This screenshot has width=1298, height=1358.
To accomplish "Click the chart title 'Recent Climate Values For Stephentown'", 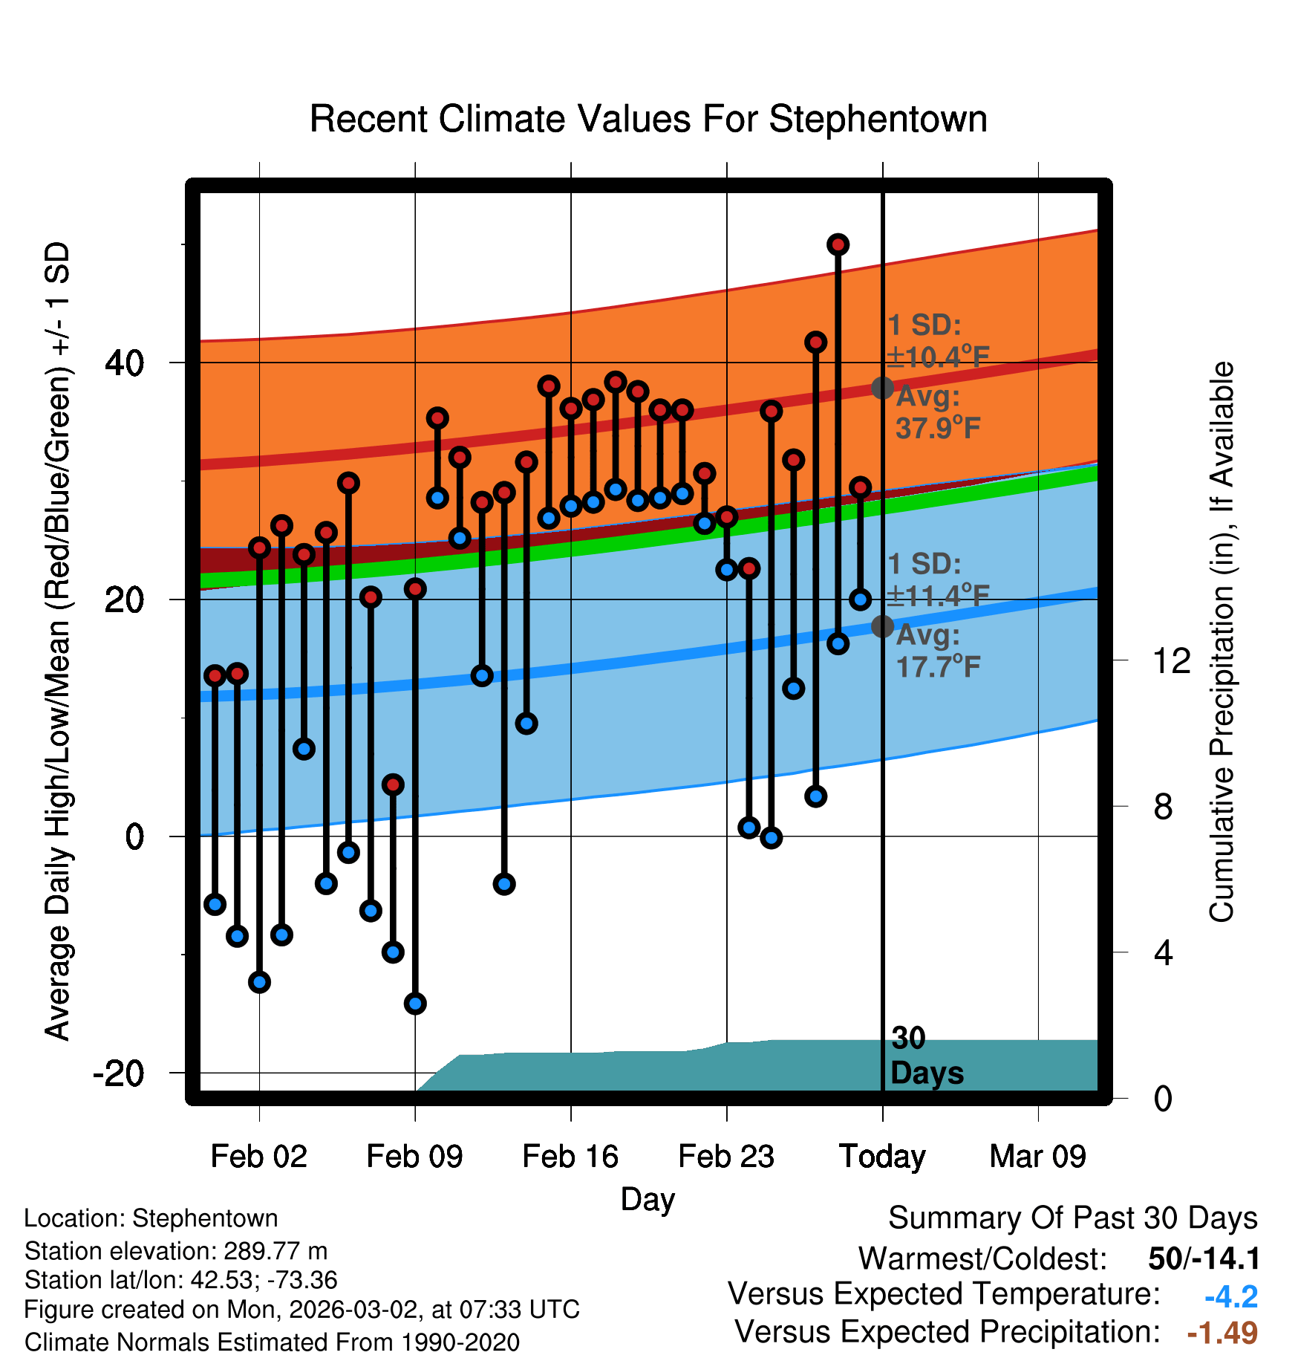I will coord(648,119).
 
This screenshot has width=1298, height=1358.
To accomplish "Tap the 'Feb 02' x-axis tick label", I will coord(258,1157).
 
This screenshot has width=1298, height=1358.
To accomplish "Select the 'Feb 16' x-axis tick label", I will coord(570,1157).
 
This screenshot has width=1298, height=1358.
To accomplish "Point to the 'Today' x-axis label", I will coord(882,1157).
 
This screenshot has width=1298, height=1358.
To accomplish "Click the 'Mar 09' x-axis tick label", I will coord(1037,1157).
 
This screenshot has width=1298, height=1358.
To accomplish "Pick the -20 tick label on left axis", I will coord(119,1073).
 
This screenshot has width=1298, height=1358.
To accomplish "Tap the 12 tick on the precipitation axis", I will coord(1172,660).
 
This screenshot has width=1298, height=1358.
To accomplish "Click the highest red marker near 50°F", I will coord(838,244).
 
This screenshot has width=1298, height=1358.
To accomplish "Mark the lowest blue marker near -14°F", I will coord(415,1004).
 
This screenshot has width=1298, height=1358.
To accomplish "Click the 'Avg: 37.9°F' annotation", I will coord(938,412).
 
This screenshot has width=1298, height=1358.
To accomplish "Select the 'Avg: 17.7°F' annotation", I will coord(938,652).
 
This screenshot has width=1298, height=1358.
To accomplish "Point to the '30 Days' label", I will coord(926,1056).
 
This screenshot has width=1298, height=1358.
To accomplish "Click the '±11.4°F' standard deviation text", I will coord(938,596).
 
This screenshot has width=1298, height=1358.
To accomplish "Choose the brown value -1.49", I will coord(1222,1333).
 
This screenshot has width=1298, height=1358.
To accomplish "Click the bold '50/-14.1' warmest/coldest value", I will coord(1204,1259).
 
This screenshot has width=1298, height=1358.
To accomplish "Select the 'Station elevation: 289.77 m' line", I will coord(176,1251).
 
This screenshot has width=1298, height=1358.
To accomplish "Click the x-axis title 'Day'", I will coord(648,1199).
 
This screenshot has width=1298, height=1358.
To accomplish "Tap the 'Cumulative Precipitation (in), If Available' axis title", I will coord(1222,643).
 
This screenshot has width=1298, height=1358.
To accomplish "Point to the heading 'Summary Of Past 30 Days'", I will coord(1072,1218).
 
